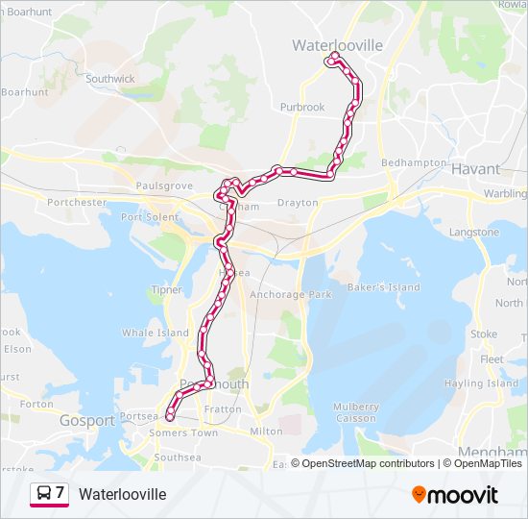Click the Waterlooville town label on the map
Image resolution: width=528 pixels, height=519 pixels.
point(337,45)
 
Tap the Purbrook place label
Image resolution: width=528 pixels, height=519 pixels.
point(302,108)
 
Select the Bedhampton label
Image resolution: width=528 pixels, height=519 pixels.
point(414,163)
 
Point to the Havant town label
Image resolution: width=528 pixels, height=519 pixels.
point(475,168)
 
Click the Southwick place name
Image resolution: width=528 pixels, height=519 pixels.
point(110,79)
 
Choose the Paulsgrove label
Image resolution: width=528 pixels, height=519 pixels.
point(164,185)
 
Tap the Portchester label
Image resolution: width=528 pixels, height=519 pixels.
point(77,203)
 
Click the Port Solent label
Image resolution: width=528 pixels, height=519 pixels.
point(150,217)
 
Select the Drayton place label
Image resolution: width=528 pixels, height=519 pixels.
point(297,203)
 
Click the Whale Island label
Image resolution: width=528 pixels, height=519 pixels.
point(155,334)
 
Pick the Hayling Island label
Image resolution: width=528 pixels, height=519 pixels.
point(488,383)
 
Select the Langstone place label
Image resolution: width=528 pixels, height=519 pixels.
point(473,233)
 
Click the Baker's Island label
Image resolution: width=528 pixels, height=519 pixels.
point(384,287)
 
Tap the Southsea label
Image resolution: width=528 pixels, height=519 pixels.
point(178,457)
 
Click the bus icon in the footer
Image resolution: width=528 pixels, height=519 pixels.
point(44,494)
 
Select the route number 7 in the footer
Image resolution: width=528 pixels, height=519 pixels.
point(60,493)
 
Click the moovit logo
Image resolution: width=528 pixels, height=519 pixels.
point(454,495)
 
